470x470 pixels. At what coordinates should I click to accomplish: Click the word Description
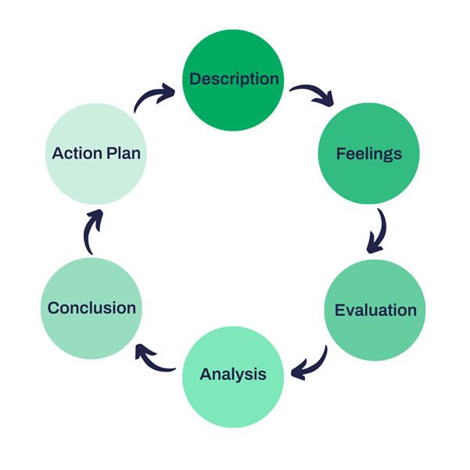pos(234,80)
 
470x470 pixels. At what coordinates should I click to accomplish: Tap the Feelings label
pos(369,154)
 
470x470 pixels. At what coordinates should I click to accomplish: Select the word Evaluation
pos(375,310)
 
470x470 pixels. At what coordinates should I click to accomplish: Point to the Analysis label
pos(233,375)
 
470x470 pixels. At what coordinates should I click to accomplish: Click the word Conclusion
pos(91,308)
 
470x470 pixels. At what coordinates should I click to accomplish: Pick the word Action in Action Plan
pos(77,153)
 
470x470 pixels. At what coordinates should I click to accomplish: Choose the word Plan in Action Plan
pos(124,153)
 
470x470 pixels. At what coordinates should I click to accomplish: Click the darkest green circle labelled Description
pos(233,80)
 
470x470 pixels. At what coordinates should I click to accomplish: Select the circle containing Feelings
pos(368,153)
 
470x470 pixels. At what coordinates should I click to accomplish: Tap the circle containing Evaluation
pos(375,310)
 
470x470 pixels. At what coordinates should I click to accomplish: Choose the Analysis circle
pos(233,377)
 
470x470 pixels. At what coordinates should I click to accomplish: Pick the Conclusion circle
pos(91,308)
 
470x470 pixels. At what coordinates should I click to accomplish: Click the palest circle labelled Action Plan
pos(96,154)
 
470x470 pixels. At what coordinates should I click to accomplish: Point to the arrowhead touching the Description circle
pos(167,92)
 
